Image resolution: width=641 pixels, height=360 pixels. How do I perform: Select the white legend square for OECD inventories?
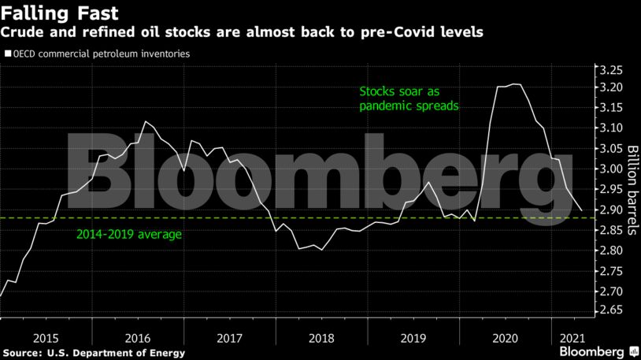pyautogui.click(x=7, y=54)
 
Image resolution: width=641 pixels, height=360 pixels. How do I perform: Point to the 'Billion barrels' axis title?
pyautogui.click(x=632, y=190)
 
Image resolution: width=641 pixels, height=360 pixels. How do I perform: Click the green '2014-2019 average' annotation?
pyautogui.click(x=128, y=234)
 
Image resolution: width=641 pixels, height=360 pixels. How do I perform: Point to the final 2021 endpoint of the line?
pyautogui.click(x=583, y=210)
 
